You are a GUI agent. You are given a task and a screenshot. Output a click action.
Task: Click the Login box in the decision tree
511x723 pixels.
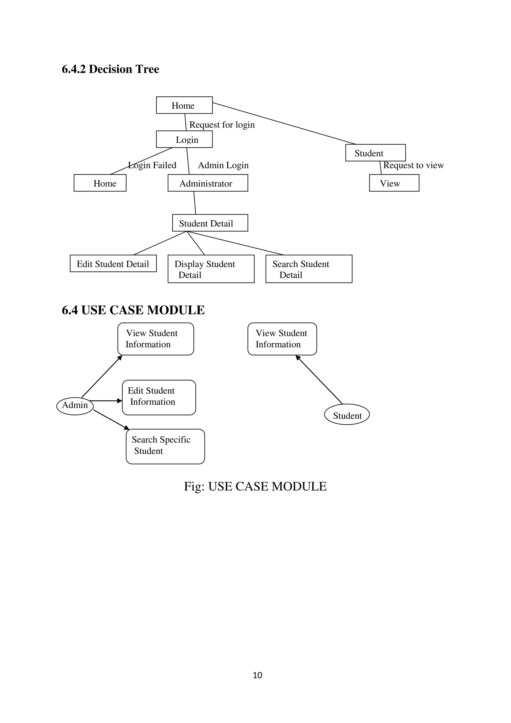coord(184,139)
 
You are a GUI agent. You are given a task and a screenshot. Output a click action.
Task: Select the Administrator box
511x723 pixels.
coord(208,183)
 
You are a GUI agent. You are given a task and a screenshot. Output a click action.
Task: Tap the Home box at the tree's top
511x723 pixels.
coord(184,105)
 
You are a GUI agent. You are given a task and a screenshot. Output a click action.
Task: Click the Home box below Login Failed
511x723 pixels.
coord(100,183)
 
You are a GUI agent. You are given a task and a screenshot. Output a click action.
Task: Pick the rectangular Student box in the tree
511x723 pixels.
coord(375,153)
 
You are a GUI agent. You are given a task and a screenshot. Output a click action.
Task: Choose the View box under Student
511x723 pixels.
coord(394,183)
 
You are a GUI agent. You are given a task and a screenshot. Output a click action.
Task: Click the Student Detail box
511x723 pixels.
coord(210,223)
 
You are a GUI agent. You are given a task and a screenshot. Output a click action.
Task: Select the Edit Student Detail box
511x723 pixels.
coord(113,264)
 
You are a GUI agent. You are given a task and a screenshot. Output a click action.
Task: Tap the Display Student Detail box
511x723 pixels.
coord(211,269)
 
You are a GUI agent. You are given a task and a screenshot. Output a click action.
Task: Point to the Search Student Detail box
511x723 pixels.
coord(309,269)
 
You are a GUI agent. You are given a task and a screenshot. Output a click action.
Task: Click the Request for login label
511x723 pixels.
coord(222,125)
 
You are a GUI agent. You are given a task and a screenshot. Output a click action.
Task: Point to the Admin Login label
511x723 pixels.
coord(223,165)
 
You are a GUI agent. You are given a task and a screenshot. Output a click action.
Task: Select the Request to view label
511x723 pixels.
coord(413,165)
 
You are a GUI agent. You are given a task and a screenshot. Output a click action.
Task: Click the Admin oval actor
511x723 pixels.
coord(75,406)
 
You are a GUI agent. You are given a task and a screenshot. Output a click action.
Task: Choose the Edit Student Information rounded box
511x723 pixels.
coord(159,397)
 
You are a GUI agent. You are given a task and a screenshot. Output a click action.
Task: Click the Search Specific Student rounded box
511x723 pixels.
coord(165,447)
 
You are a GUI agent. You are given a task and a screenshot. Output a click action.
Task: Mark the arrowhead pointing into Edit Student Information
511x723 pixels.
coord(120,401)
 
